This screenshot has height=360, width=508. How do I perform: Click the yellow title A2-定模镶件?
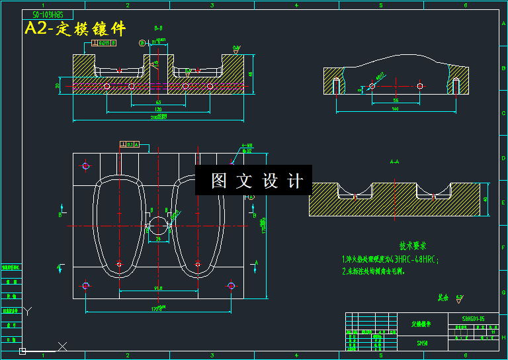coord(75,29)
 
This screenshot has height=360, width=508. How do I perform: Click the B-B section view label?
coord(159,28)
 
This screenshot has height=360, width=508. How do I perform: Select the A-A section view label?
coord(395,161)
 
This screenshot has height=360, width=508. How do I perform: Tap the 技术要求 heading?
coord(413,246)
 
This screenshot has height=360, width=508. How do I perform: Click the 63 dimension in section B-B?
coord(159,103)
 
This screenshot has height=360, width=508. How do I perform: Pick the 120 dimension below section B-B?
coord(159,110)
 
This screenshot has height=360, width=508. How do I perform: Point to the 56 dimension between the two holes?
coord(396,100)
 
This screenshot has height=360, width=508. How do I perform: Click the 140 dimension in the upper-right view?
coord(396,109)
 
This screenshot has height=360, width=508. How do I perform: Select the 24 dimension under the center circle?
coord(158,238)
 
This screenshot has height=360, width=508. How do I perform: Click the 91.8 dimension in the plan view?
coord(158,288)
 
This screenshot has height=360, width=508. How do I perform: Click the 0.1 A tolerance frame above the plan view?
coord(130,144)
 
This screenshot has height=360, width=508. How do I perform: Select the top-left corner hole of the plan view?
coord(85,166)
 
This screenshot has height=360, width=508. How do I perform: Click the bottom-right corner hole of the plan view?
coord(232,285)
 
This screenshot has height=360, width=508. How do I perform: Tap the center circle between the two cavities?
coord(159,225)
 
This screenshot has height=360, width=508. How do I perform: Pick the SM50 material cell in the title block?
coord(422,343)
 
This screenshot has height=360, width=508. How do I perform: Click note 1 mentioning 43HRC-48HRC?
coord(390,259)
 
